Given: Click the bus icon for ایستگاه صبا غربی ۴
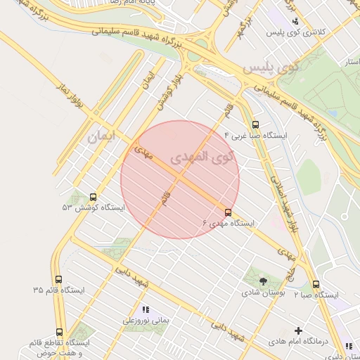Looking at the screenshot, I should tap(255, 125).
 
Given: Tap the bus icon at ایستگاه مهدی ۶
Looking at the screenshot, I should tap(228, 212).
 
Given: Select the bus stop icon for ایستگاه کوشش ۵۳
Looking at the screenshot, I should tap(94, 198).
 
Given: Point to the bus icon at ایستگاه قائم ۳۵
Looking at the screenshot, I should tap(58, 279).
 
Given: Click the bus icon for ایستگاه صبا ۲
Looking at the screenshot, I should tap(316, 285).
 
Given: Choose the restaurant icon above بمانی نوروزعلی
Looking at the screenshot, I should tap(146, 309).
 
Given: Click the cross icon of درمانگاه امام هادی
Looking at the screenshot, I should tap(298, 330).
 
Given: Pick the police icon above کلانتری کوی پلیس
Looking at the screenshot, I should tap(295, 21).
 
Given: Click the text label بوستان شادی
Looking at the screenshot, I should tap(262, 292).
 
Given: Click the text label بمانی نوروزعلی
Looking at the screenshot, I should tap(146, 320).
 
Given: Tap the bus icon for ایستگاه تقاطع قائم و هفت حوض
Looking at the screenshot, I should tap(59, 331).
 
